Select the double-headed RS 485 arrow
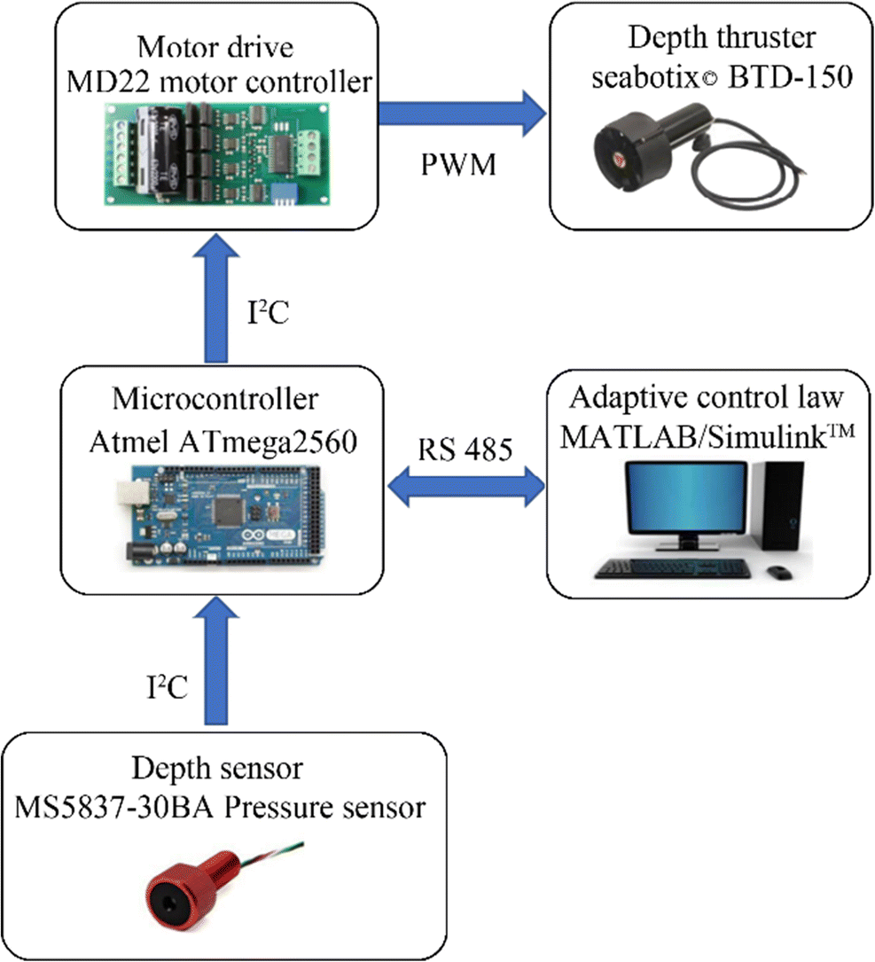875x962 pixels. coord(466,487)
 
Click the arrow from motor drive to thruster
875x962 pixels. coord(461,113)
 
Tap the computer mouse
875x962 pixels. coord(778,572)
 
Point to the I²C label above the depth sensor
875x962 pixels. coord(167,686)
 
